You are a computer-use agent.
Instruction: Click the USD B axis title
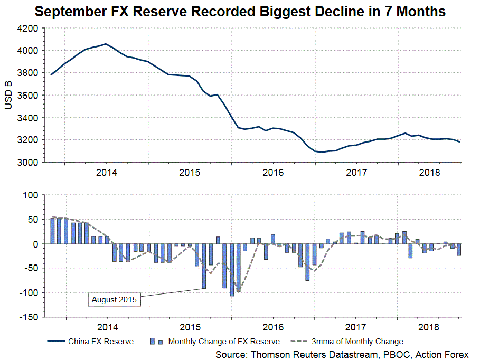coord(8,95)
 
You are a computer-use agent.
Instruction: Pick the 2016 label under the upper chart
coord(272,173)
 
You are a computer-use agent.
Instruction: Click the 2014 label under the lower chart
coord(107,328)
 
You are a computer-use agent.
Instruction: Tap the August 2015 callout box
coord(114,300)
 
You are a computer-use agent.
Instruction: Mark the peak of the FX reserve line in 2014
coord(106,44)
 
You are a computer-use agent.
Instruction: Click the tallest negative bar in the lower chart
coord(231,270)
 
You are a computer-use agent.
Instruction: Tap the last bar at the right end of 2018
coord(459,250)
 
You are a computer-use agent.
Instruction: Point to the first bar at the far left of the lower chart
coord(52,231)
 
